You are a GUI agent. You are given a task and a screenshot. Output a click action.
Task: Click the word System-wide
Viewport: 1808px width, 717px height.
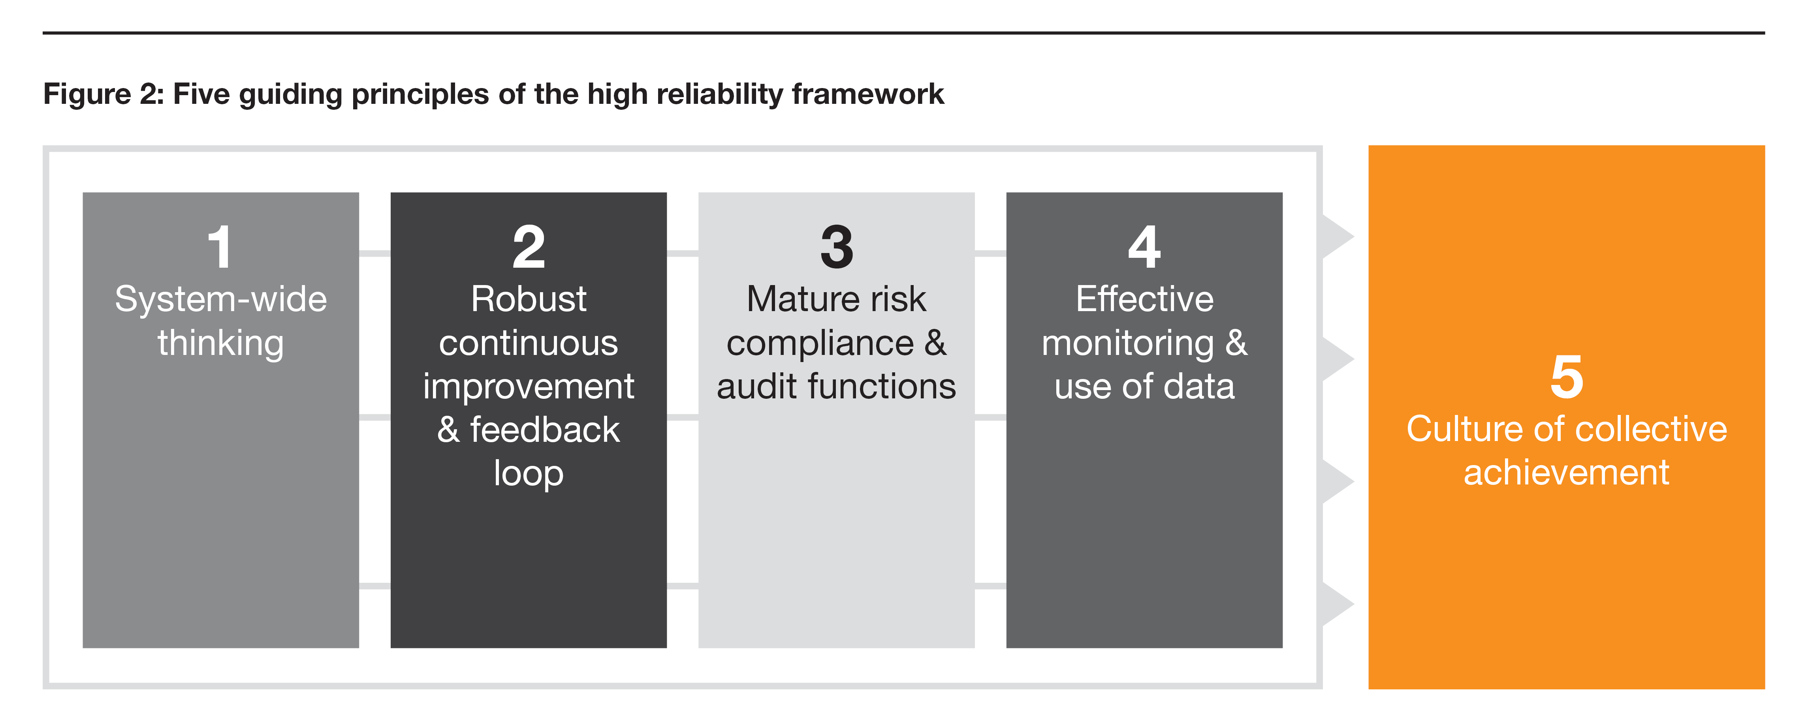220,300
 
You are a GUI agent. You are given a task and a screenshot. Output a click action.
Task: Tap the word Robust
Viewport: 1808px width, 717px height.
529,300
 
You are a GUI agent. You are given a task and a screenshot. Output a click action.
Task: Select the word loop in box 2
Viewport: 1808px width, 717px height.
529,473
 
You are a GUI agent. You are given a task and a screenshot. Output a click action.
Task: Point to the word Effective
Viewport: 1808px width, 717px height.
1144,300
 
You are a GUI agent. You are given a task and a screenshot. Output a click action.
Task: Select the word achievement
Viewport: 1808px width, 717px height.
1567,473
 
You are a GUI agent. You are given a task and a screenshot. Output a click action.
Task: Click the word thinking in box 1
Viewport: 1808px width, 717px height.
220,344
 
